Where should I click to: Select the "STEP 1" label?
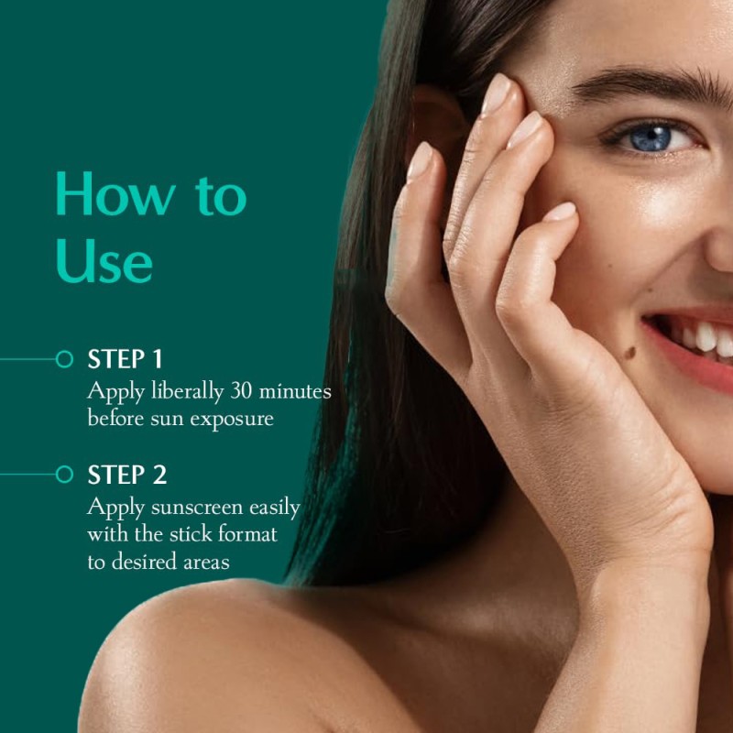(126, 359)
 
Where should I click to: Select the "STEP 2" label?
(127, 475)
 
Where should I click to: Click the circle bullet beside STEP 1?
(64, 359)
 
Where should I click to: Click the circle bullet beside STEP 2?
(64, 475)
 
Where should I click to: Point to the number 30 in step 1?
(242, 390)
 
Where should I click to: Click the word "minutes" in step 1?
(295, 390)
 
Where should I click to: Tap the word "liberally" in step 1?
(180, 391)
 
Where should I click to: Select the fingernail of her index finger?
(498, 94)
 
